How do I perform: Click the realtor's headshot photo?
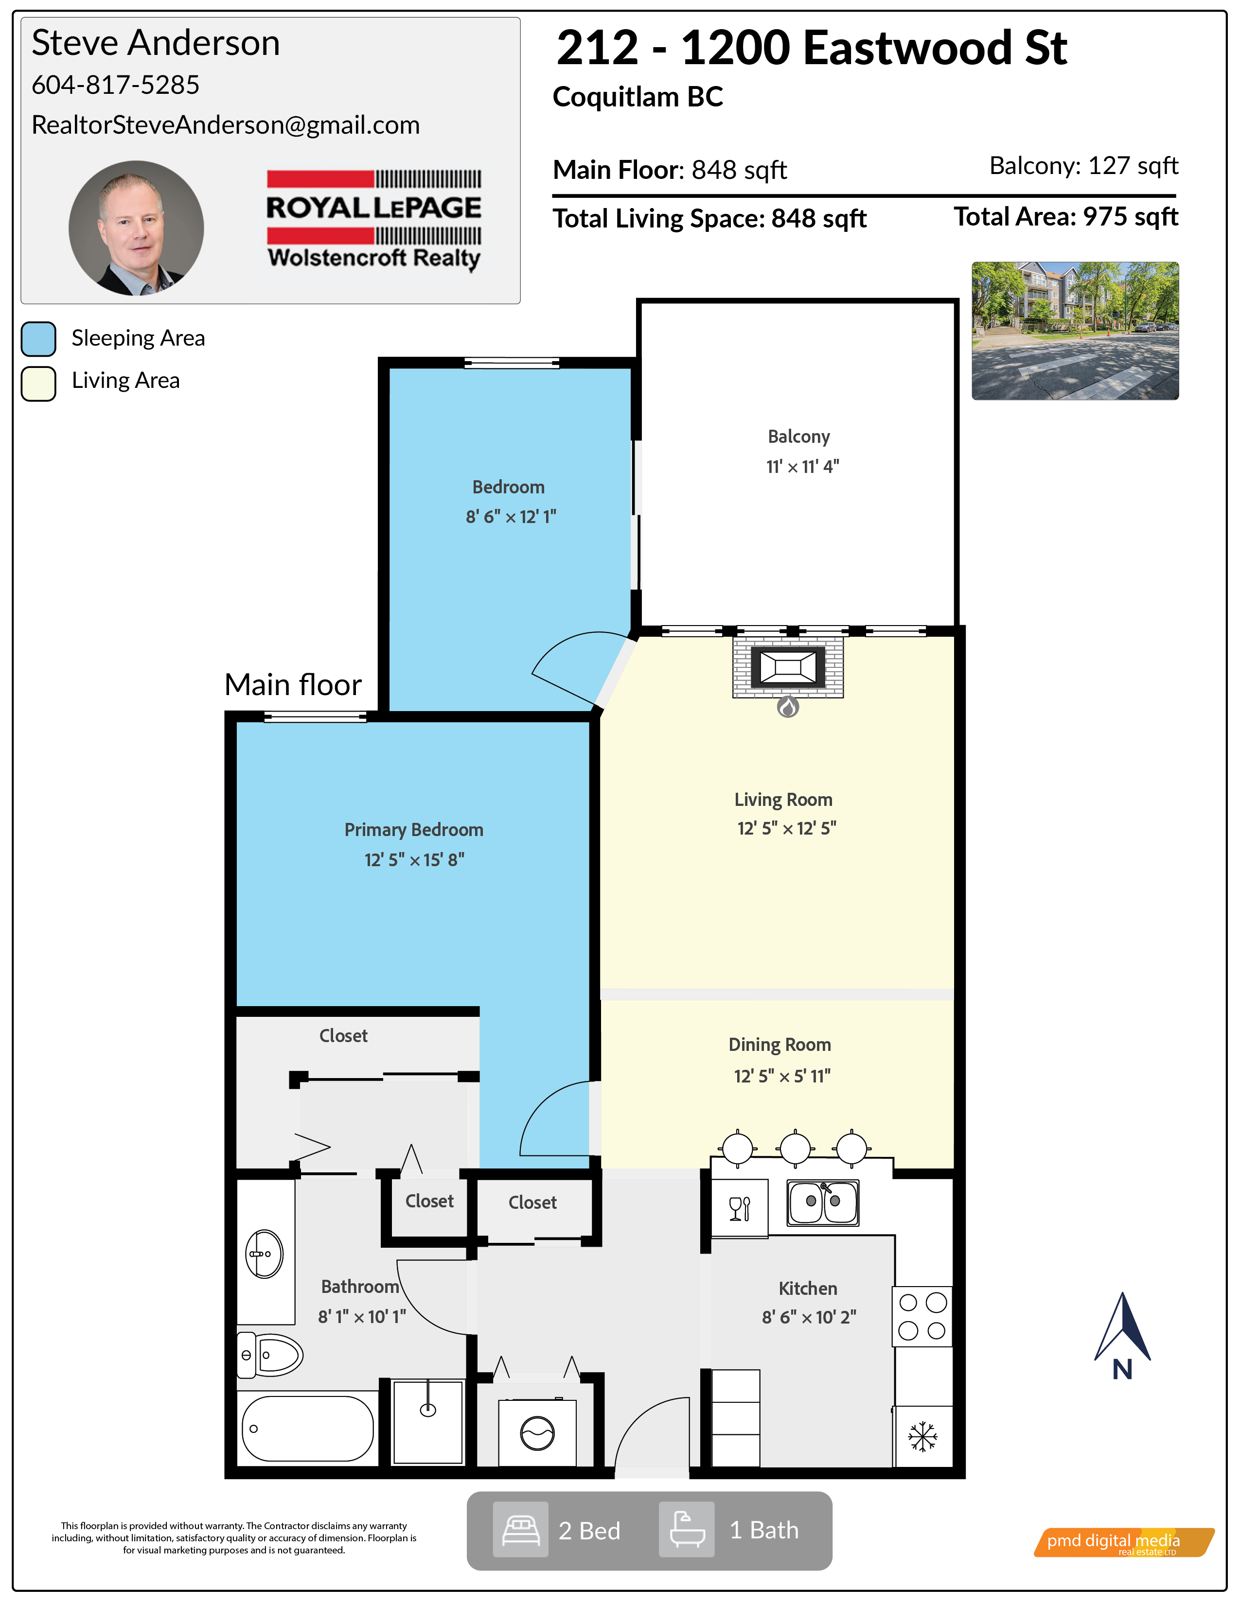pos(136,227)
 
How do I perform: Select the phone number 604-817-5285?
pos(115,85)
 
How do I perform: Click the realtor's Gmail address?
pos(226,125)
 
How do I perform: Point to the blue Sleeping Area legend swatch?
pos(39,339)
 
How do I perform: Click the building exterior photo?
pos(1075,331)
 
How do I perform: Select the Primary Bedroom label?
pos(414,830)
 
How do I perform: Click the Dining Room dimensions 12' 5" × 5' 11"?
pos(781,1076)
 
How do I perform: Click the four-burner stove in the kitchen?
pos(922,1316)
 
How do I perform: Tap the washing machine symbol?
pos(537,1432)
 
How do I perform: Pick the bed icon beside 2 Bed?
pos(520,1530)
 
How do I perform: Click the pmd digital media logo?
pos(1124,1542)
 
